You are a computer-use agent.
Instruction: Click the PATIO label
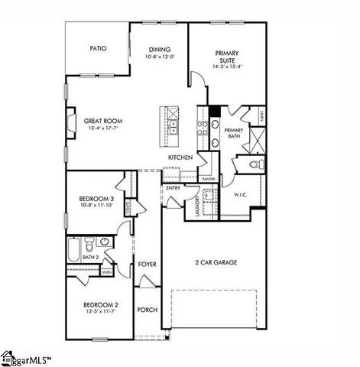tap(97, 48)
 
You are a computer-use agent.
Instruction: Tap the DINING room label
tap(160, 48)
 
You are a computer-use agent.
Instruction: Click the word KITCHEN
tap(180, 158)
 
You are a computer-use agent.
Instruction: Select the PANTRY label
tap(208, 179)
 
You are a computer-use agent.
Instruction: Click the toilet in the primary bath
tap(256, 164)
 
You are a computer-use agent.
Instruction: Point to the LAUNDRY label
tap(197, 209)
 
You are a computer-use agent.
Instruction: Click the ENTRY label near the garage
tap(174, 187)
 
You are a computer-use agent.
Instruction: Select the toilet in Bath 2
tap(90, 245)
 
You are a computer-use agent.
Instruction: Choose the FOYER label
tap(147, 265)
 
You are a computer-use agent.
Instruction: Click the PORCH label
tap(147, 310)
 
